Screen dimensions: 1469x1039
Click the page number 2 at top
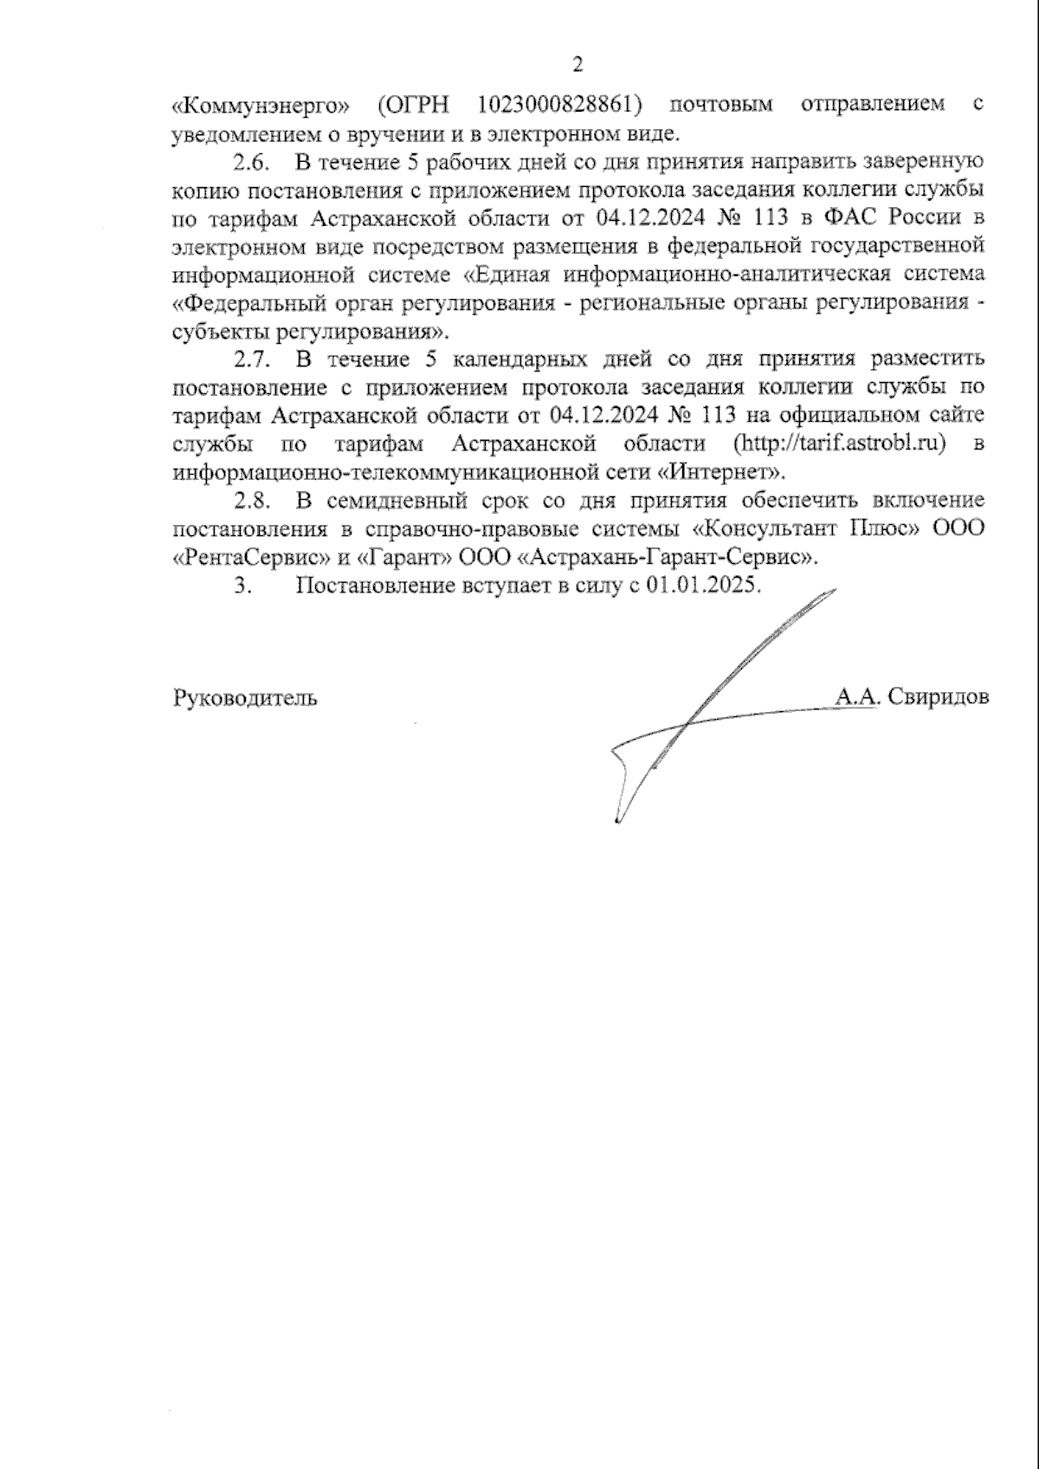click(x=578, y=64)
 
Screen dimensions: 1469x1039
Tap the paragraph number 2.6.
click(x=252, y=162)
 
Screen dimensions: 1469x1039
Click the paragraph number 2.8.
click(x=252, y=500)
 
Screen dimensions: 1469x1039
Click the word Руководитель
click(x=245, y=697)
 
